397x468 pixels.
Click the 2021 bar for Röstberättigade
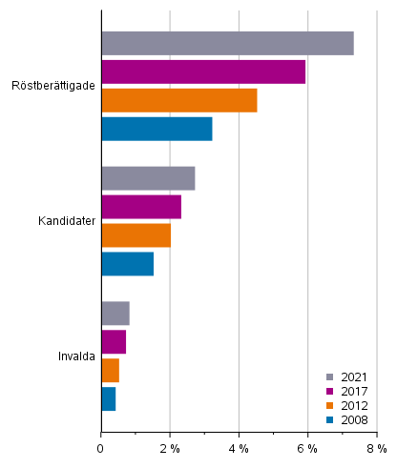pyautogui.click(x=227, y=44)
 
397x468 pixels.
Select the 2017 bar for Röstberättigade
pyautogui.click(x=203, y=71)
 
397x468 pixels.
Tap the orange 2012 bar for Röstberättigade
pyautogui.click(x=178, y=100)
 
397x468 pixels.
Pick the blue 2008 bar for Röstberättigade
pyautogui.click(x=157, y=129)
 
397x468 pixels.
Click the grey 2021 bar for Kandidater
pyautogui.click(x=148, y=178)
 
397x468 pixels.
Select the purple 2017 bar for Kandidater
pyautogui.click(x=141, y=207)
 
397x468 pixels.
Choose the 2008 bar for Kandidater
pyautogui.click(x=127, y=263)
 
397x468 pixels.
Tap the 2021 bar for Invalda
pyautogui.click(x=115, y=314)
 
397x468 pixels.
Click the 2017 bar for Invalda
pyautogui.click(x=114, y=341)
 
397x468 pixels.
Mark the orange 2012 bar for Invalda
pyautogui.click(x=110, y=370)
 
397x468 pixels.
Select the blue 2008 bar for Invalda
pyautogui.click(x=108, y=398)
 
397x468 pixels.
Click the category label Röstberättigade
pyautogui.click(x=52, y=86)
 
